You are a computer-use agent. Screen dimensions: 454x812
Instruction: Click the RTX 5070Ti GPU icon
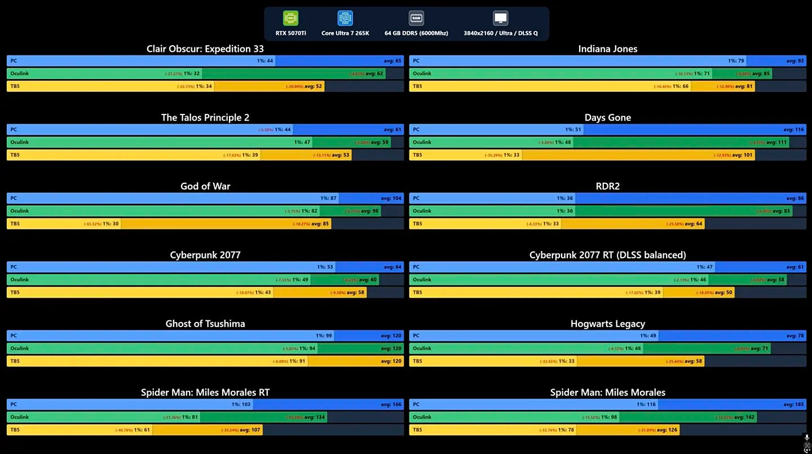click(290, 19)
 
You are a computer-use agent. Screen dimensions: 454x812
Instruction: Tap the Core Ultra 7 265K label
click(345, 33)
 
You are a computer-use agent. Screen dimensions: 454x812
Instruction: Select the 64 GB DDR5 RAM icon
click(416, 19)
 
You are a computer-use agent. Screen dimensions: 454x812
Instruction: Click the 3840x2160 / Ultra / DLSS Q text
click(501, 33)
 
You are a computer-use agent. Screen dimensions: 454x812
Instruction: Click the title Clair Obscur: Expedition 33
click(205, 49)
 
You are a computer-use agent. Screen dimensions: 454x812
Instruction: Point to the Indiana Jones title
click(607, 49)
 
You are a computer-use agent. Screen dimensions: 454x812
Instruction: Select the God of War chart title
click(205, 186)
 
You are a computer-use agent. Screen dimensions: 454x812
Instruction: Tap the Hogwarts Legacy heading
click(607, 324)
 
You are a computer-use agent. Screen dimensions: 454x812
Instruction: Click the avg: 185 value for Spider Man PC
click(793, 404)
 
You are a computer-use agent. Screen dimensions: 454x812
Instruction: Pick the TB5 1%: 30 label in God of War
click(111, 223)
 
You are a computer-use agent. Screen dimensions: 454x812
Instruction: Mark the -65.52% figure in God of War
click(92, 224)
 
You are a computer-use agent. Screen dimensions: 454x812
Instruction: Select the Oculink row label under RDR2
click(422, 211)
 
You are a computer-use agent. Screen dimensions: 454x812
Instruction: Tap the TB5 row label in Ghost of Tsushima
click(15, 361)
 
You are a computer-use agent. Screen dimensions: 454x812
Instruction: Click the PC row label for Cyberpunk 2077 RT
click(416, 267)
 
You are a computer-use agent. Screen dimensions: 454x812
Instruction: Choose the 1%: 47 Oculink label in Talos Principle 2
click(302, 142)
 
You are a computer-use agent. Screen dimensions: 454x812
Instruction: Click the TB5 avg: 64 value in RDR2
click(692, 223)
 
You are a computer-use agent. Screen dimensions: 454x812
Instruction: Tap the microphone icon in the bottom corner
click(807, 437)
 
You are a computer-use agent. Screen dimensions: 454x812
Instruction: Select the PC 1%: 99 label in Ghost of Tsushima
click(324, 336)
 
